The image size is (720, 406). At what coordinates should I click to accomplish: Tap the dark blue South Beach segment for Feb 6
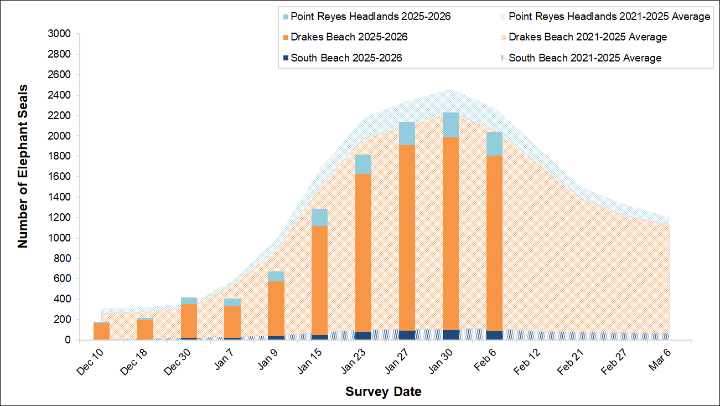click(x=494, y=335)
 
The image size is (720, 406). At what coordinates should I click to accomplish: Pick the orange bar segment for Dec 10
click(x=101, y=331)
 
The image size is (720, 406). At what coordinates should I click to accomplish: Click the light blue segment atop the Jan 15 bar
click(x=319, y=217)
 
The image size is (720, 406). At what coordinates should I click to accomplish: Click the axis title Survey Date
click(x=383, y=392)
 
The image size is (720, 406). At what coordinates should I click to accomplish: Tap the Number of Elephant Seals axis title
click(x=23, y=166)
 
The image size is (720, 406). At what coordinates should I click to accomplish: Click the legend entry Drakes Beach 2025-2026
click(x=349, y=37)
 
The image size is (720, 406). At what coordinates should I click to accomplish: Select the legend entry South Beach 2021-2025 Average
click(x=585, y=58)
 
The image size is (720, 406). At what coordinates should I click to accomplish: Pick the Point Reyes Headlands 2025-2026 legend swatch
click(x=286, y=17)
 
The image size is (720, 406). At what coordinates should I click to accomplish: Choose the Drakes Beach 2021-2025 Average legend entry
click(x=588, y=37)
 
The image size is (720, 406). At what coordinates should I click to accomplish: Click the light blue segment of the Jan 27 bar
click(x=407, y=133)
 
